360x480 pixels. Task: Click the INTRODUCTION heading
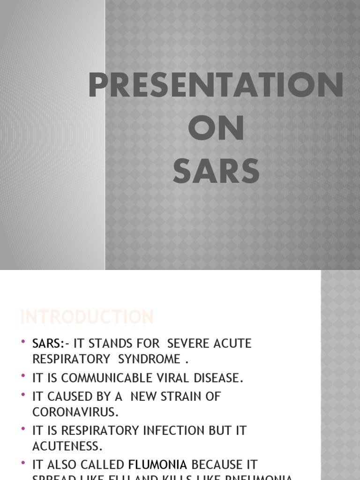click(87, 317)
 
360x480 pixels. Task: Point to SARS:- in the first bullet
click(49, 344)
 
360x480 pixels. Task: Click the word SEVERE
click(189, 344)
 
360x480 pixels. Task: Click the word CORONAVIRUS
click(74, 412)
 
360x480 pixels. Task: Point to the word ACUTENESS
click(67, 446)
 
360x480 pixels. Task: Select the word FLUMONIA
click(157, 465)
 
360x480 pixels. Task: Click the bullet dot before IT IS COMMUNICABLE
click(23, 377)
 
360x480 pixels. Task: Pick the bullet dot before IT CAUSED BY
click(23, 395)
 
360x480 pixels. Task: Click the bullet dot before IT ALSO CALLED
click(23, 463)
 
